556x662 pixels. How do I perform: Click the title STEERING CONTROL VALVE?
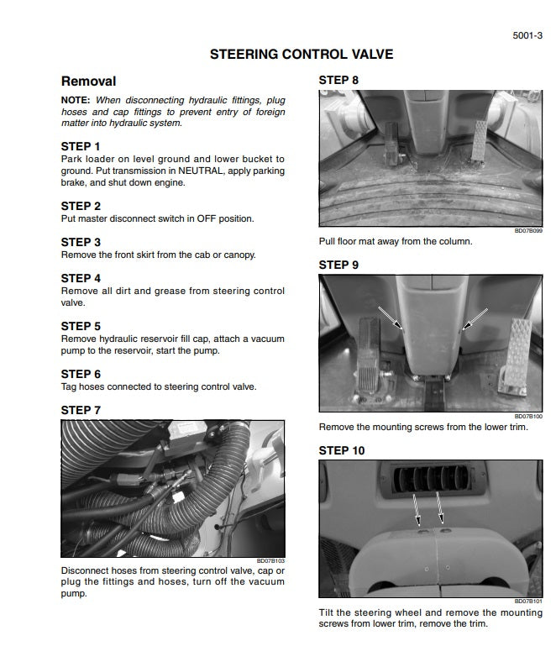pyautogui.click(x=302, y=55)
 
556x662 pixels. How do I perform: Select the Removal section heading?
pyautogui.click(x=88, y=81)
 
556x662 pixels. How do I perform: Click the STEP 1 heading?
pyautogui.click(x=81, y=146)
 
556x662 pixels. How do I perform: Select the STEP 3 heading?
pyautogui.click(x=81, y=242)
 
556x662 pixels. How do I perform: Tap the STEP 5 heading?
pyautogui.click(x=81, y=326)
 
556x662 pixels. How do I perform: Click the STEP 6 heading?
pyautogui.click(x=81, y=374)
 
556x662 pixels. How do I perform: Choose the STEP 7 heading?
pyautogui.click(x=81, y=410)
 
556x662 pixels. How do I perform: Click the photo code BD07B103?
pyautogui.click(x=270, y=560)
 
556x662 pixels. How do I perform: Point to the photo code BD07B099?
pyautogui.click(x=528, y=230)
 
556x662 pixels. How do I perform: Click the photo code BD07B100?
pyautogui.click(x=528, y=416)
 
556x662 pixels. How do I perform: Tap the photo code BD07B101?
pyautogui.click(x=528, y=602)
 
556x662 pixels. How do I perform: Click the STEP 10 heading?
pyautogui.click(x=342, y=450)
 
